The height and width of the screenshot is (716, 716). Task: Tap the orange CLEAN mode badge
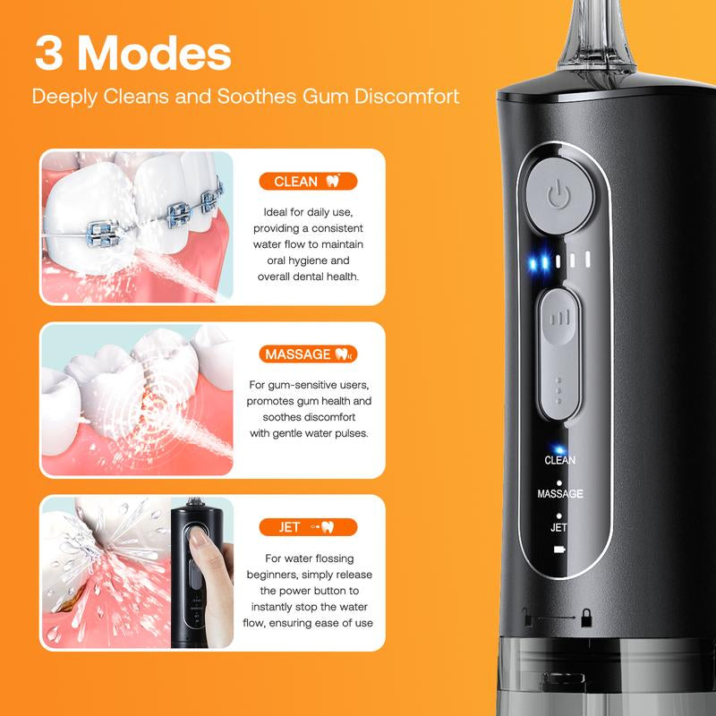[x=308, y=182]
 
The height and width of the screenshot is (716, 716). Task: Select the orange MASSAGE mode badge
[x=308, y=354]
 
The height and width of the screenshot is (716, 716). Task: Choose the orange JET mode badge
[x=308, y=527]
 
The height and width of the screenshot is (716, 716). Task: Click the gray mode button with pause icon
[x=559, y=318]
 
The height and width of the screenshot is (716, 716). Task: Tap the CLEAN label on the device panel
[x=560, y=460]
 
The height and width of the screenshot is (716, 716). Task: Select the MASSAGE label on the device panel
[x=560, y=494]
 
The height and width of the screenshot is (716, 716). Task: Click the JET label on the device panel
[x=559, y=527]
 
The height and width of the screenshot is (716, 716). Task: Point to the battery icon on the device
[x=560, y=548]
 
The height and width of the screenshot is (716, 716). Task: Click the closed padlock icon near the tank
[x=586, y=617]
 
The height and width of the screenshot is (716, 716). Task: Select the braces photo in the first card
[x=137, y=227]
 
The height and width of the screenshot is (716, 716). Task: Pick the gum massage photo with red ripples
[x=137, y=400]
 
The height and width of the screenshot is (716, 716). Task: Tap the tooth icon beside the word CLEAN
[x=334, y=182]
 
